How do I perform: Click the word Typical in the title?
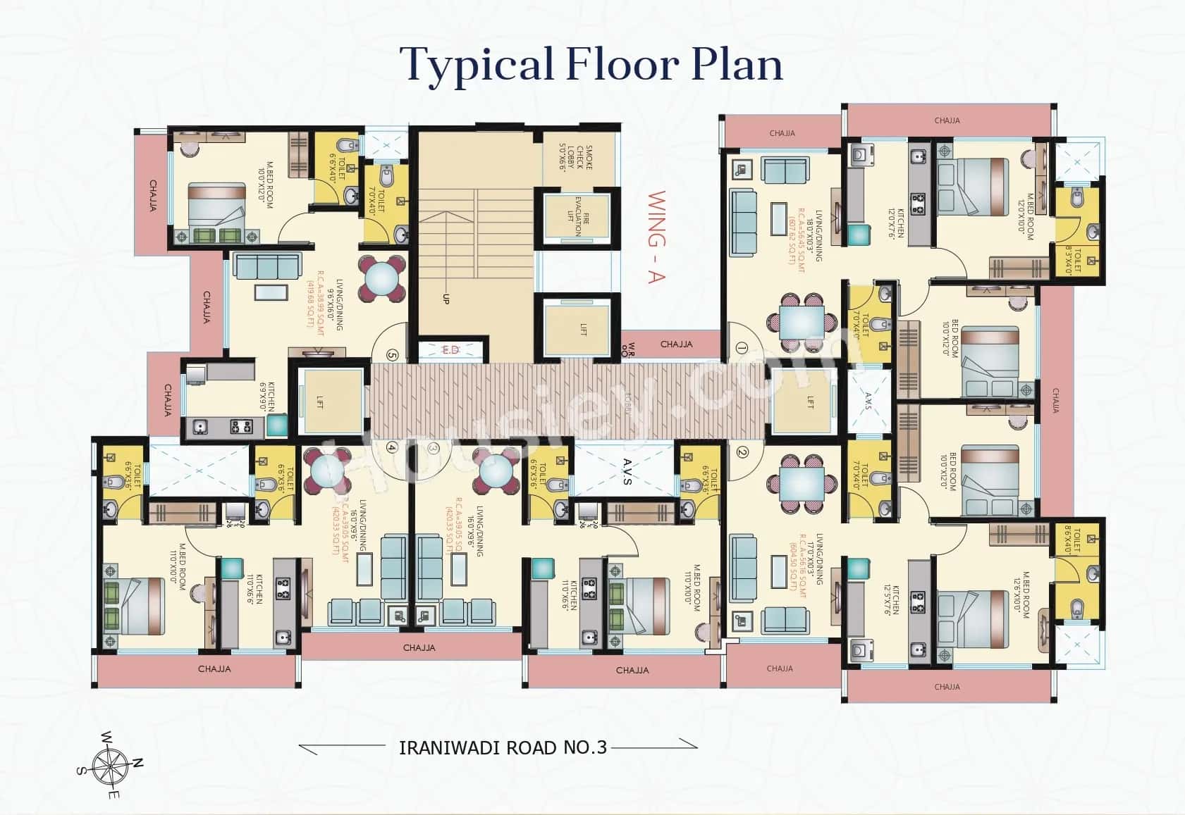tap(476, 65)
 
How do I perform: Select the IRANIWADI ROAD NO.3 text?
tap(503, 747)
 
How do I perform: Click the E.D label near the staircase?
tap(450, 350)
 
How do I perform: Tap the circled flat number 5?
tap(393, 354)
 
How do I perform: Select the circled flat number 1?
tap(741, 347)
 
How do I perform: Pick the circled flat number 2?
tap(741, 453)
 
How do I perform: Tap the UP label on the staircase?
tap(446, 299)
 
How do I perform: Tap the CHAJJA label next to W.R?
tap(676, 344)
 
